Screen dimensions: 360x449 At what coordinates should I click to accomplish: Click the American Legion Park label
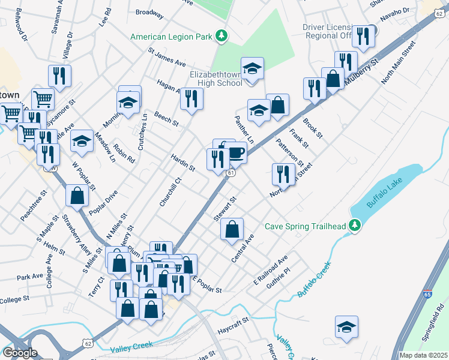(172, 37)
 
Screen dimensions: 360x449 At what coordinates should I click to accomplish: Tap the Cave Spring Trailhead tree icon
(355, 226)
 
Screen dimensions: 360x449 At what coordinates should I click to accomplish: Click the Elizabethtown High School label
(215, 78)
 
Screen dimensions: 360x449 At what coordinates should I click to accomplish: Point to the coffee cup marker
(235, 152)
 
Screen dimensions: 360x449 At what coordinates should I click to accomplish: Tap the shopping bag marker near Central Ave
(232, 230)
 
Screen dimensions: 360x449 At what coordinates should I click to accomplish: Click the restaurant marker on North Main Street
(283, 174)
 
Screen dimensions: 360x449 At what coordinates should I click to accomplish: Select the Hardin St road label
(182, 162)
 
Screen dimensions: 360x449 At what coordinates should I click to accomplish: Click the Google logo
(19, 353)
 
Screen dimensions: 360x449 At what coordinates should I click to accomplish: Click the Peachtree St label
(33, 206)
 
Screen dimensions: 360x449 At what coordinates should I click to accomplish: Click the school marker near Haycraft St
(346, 327)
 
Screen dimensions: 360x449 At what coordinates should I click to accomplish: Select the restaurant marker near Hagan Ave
(191, 98)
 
